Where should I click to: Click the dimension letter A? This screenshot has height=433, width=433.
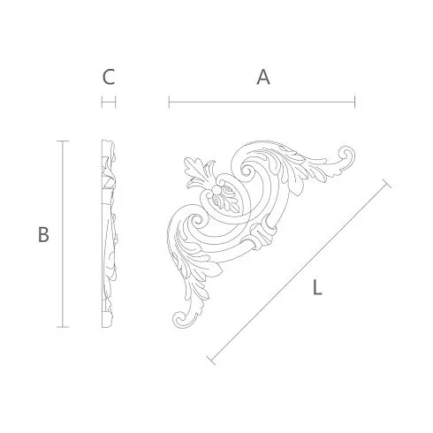pyautogui.click(x=263, y=77)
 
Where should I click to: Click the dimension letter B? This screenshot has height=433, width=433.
pyautogui.click(x=43, y=234)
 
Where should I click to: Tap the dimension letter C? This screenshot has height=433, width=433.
pyautogui.click(x=109, y=77)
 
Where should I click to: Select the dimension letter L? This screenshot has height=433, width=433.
pyautogui.click(x=317, y=287)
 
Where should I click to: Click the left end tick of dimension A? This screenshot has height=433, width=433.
pyautogui.click(x=169, y=102)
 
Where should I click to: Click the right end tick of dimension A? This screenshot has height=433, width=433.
pyautogui.click(x=355, y=102)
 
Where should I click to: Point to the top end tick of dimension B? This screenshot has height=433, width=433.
pyautogui.click(x=63, y=141)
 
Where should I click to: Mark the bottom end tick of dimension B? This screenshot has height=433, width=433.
pyautogui.click(x=63, y=327)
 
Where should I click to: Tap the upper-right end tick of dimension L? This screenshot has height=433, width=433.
pyautogui.click(x=387, y=184)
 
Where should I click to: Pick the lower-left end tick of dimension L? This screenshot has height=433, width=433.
pyautogui.click(x=211, y=361)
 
